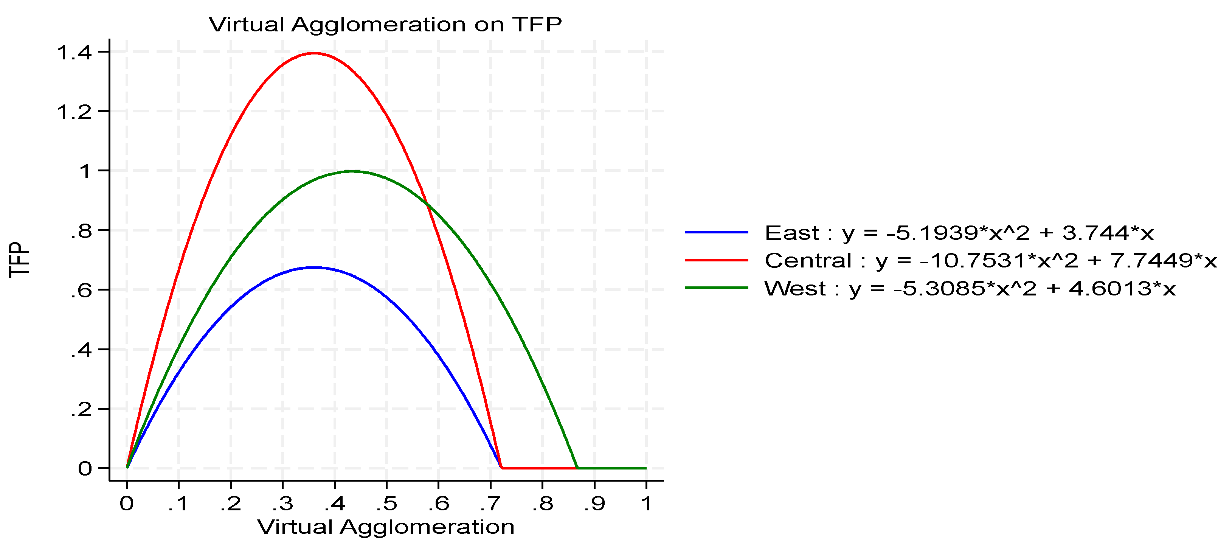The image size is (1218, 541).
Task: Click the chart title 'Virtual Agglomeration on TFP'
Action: [385, 25]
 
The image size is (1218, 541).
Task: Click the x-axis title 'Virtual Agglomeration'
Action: [386, 527]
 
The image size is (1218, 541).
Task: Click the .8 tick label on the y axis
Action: [81, 231]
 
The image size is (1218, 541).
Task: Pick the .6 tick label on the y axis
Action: [81, 291]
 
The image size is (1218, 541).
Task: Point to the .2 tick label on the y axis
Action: [81, 409]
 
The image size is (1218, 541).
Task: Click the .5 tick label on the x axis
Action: [386, 504]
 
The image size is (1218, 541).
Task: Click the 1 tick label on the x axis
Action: [646, 504]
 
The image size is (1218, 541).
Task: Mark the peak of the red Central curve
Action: [314, 53]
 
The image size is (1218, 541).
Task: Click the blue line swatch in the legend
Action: [716, 232]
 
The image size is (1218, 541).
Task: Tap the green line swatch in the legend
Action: [716, 288]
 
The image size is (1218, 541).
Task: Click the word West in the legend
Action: [795, 288]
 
